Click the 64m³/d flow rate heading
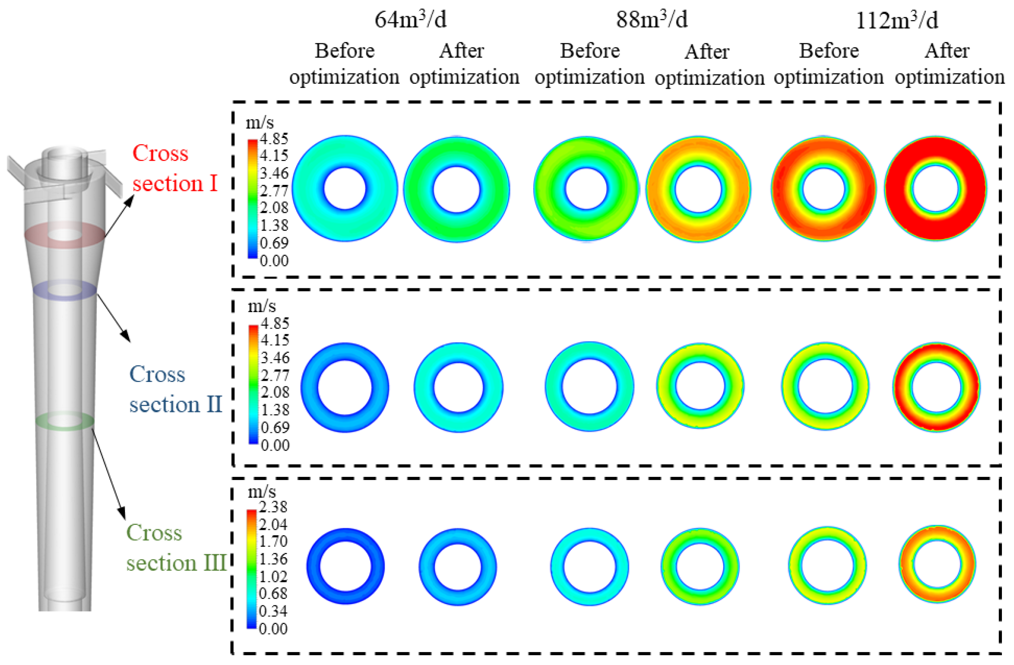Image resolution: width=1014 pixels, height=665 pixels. click(410, 20)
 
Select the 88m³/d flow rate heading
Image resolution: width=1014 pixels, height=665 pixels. click(652, 20)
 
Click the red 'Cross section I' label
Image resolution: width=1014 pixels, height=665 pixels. click(175, 168)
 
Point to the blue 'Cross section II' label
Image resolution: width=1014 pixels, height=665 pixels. click(175, 389)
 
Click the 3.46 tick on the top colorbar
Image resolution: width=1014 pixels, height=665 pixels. click(274, 173)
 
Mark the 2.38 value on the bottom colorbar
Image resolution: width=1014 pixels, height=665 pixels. click(273, 507)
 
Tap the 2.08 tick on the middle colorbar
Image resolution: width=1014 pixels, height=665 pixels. click(275, 392)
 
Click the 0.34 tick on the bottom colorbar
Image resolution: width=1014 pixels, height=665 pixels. click(273, 611)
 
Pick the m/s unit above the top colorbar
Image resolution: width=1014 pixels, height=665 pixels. click(260, 122)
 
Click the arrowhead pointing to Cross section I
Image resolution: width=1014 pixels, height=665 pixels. click(129, 200)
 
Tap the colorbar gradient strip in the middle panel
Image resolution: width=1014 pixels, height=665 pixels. click(253, 384)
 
